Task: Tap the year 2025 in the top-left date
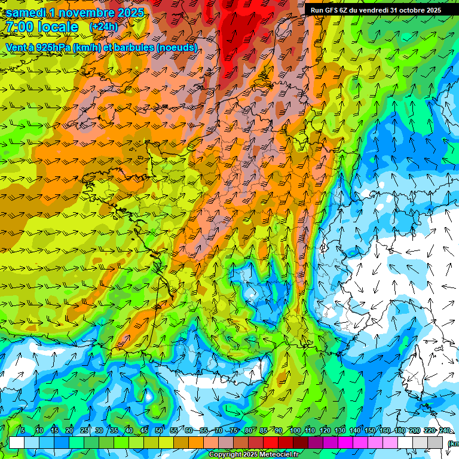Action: [128, 12]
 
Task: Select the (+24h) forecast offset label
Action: [103, 27]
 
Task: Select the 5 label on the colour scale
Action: [23, 430]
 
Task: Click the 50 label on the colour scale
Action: [158, 430]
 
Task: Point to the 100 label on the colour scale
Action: [295, 430]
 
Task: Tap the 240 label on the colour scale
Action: [445, 430]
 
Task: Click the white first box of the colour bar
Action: [17, 442]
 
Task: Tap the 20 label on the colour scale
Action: [69, 430]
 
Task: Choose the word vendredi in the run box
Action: [374, 10]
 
